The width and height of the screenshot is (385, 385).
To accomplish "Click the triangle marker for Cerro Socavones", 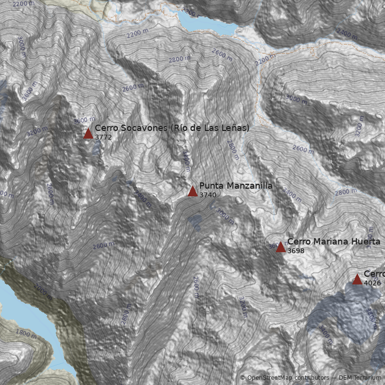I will click(88, 133).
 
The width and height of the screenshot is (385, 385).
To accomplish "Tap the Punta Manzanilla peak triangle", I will click(192, 191).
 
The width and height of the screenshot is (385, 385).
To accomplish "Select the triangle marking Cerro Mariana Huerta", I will click(281, 247).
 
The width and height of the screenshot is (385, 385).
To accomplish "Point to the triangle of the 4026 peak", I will click(357, 279).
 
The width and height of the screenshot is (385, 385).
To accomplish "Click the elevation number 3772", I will click(103, 137).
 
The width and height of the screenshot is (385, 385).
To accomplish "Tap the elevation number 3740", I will click(207, 195).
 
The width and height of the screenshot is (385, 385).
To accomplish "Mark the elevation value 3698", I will click(295, 251).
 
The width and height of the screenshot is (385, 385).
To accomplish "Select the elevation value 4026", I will click(372, 283).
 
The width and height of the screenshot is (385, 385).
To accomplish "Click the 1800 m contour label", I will click(26, 334).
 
